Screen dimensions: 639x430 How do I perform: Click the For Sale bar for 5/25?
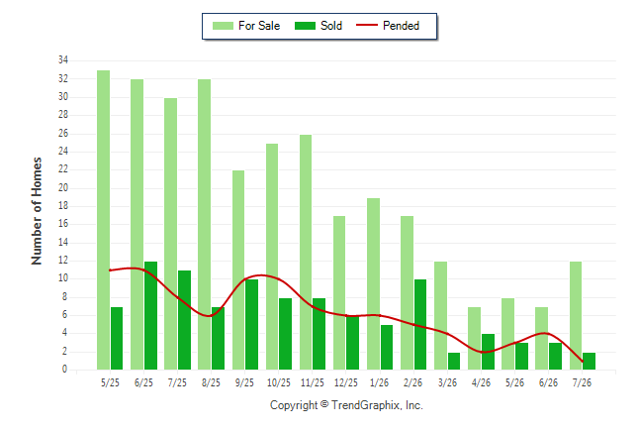pyautogui.click(x=103, y=220)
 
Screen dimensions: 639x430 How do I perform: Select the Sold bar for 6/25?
pyautogui.click(x=150, y=316)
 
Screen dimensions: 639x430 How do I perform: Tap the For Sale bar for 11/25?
pyautogui.click(x=306, y=253)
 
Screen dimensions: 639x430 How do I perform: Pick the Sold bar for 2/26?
pyautogui.click(x=420, y=325)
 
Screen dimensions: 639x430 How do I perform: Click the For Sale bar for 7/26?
pyautogui.click(x=576, y=316)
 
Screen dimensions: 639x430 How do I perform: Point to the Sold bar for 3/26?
pyautogui.click(x=454, y=362)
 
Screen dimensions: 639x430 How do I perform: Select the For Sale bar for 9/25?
pyautogui.click(x=238, y=270)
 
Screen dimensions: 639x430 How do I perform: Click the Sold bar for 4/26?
pyautogui.click(x=489, y=352)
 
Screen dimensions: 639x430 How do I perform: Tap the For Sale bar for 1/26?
pyautogui.click(x=373, y=284)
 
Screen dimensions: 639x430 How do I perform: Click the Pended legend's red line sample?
pyautogui.click(x=367, y=26)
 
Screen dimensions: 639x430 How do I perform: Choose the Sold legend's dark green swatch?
pyautogui.click(x=305, y=26)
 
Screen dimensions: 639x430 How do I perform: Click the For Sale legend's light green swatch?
pyautogui.click(x=223, y=26)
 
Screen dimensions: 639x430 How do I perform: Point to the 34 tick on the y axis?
pyautogui.click(x=63, y=60)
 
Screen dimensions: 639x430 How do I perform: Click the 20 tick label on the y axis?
pyautogui.click(x=63, y=188)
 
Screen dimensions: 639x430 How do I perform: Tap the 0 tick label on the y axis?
pyautogui.click(x=65, y=370)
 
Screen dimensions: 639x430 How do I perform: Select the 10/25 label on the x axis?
pyautogui.click(x=279, y=382)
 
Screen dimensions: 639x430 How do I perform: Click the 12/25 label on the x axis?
pyautogui.click(x=346, y=382)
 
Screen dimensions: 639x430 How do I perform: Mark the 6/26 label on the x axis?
pyautogui.click(x=548, y=382)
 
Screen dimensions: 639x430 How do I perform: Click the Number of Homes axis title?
pyautogui.click(x=37, y=211)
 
